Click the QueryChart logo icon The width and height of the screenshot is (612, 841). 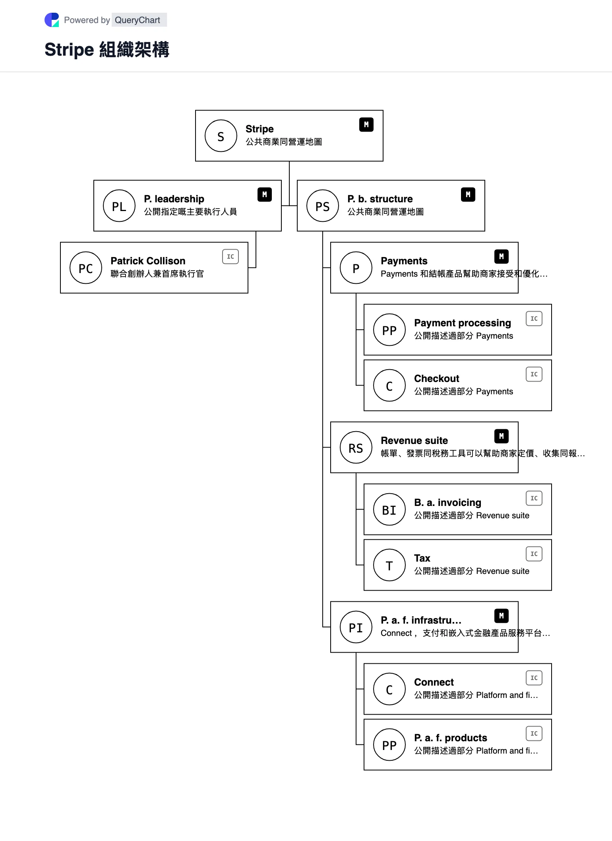[52, 20]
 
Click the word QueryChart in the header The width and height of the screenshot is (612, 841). [138, 20]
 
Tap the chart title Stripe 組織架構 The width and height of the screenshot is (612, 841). [107, 50]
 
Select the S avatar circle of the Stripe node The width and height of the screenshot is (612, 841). [221, 136]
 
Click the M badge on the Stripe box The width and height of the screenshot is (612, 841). [366, 125]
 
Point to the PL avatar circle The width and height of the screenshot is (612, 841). [119, 206]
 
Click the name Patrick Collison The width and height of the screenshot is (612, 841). [148, 261]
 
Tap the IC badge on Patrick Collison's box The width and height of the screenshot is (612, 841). [230, 257]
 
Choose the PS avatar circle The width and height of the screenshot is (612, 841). [323, 206]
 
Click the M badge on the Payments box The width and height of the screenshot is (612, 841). [502, 257]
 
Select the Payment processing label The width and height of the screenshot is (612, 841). [463, 323]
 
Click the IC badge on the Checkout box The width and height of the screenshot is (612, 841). [534, 374]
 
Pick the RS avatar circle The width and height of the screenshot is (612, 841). [356, 448]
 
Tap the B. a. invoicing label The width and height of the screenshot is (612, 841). [447, 502]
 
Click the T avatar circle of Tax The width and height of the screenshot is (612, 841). [389, 565]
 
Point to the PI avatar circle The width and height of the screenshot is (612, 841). [356, 627]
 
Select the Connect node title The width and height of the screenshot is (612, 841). [434, 682]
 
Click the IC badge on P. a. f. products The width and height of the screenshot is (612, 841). [534, 734]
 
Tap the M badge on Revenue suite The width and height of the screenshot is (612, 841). [502, 436]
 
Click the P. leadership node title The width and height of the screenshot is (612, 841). [174, 199]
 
